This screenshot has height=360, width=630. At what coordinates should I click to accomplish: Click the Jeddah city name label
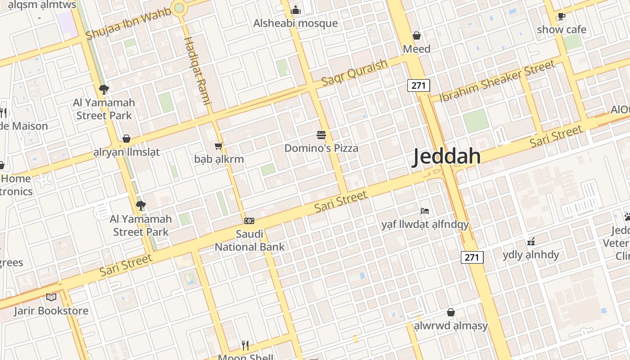pos(447,157)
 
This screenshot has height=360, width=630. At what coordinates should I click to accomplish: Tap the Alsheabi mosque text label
pos(295,23)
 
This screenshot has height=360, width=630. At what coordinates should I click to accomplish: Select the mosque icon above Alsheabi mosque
pos(296,9)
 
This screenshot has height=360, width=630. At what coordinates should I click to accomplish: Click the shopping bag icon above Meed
pos(417,36)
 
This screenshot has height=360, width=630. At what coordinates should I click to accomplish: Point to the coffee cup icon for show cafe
pos(561,17)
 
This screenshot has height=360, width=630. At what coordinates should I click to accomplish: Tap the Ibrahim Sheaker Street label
pos(497,81)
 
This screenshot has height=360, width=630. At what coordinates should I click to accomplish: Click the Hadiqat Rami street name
pos(198,70)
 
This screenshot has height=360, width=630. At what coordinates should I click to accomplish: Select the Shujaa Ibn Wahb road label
pos(129,23)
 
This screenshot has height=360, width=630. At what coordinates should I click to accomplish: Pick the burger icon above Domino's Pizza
pos(321,135)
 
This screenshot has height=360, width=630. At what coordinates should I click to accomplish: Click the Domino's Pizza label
pos(321,148)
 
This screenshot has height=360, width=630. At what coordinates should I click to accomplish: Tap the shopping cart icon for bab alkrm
pos(219,145)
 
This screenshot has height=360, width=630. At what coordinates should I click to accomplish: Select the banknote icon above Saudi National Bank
pos(249,220)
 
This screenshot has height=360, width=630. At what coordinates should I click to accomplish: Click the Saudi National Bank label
pos(250,240)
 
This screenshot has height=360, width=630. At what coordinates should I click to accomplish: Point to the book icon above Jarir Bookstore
pos(51,297)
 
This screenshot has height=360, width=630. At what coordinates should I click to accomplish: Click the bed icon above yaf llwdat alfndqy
pos(425,211)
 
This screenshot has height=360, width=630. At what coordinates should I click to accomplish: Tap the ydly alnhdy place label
pos(531,255)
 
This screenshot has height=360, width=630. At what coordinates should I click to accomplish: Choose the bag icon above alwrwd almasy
pos(451,312)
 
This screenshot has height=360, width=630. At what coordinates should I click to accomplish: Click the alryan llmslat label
pos(126,152)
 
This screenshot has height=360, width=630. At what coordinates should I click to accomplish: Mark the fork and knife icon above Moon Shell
pos(245,345)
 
